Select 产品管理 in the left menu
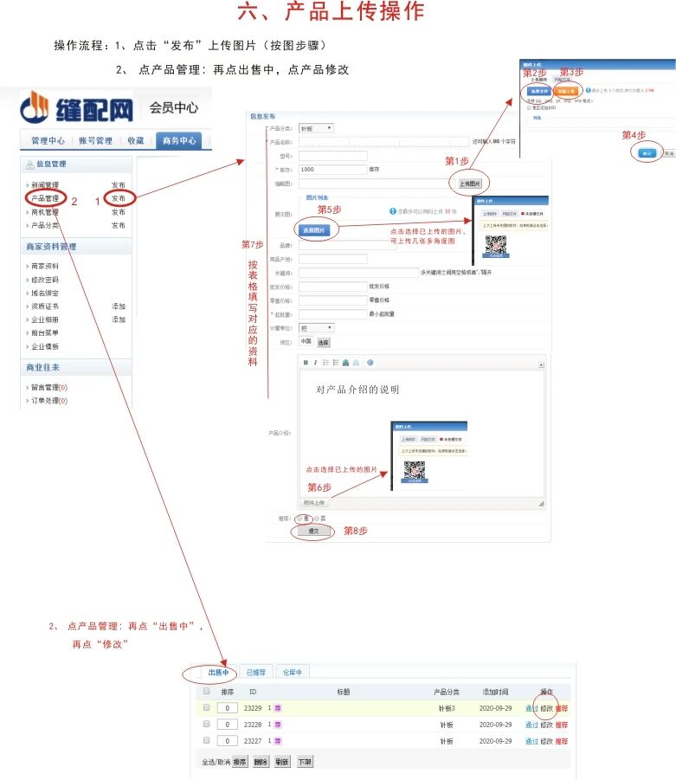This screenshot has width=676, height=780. tap(45, 198)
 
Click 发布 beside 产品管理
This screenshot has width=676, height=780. tap(119, 198)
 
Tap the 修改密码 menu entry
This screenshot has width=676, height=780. tap(45, 280)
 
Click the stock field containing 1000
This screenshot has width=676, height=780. tap(332, 170)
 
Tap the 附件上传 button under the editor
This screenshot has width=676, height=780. tap(314, 502)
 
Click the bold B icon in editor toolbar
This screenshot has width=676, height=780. tap(306, 363)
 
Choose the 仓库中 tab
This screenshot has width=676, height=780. tap(291, 672)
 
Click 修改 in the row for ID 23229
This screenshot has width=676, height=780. tap(546, 708)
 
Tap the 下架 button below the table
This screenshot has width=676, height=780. tap(306, 762)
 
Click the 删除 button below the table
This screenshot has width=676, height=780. tap(261, 762)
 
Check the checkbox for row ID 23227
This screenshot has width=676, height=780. tap(207, 741)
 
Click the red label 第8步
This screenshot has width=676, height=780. tap(356, 531)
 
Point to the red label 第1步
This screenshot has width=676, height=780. tap(457, 161)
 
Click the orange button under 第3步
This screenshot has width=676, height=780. tap(566, 90)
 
